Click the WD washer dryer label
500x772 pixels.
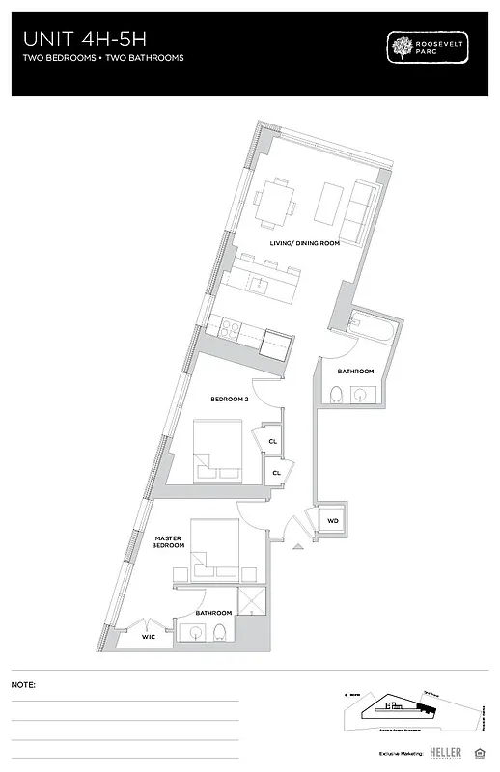(x=333, y=521)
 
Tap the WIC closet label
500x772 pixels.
(x=148, y=636)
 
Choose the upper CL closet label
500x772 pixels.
(x=274, y=441)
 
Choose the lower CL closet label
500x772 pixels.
(x=276, y=472)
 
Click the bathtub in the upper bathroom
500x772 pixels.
(x=369, y=328)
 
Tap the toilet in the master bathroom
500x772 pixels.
(x=219, y=633)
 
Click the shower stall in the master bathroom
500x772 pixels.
(x=249, y=600)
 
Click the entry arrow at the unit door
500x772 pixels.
(x=298, y=547)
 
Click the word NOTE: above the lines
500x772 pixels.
(x=23, y=684)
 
